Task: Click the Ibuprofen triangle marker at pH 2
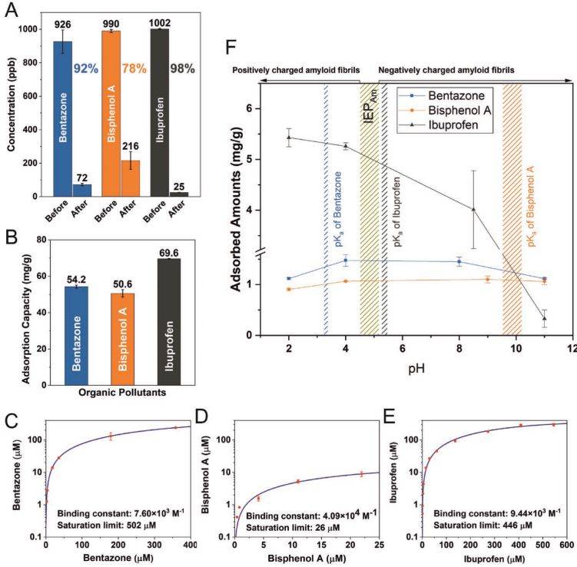tap(289, 138)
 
